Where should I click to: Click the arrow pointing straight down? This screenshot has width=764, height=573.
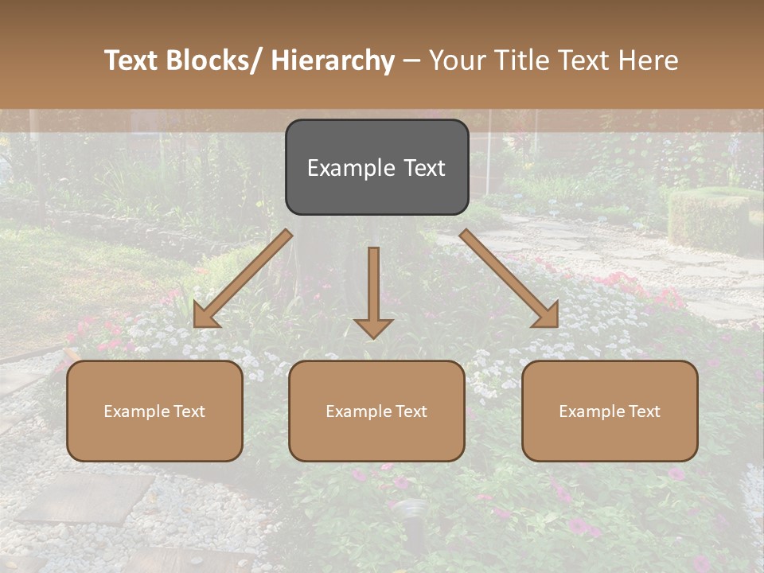373,286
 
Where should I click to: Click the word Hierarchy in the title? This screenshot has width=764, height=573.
333,60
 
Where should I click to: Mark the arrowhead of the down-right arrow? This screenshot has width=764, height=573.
548,316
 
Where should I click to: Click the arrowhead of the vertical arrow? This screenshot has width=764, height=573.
373,327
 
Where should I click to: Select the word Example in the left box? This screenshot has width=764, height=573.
137,411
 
